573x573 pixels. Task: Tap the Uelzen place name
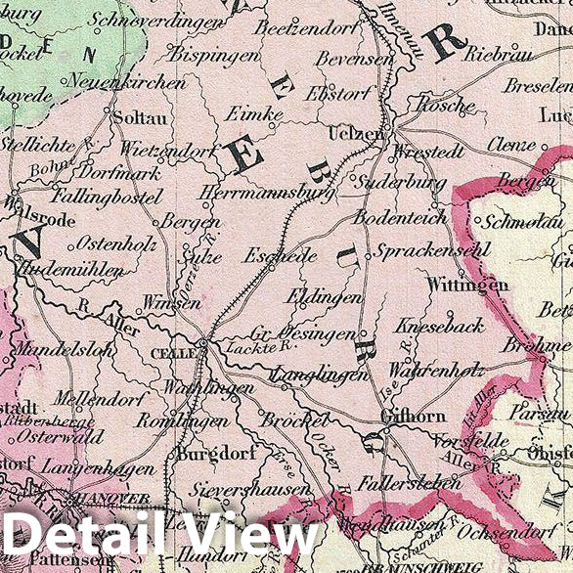pos(355,132)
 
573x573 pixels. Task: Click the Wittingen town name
pos(468,285)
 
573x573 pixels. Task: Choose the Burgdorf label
pos(210,454)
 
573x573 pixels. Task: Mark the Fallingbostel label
pos(108,198)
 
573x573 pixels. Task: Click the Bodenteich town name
pos(401,216)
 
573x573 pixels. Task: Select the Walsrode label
pos(41,221)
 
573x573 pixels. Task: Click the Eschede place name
pos(282,256)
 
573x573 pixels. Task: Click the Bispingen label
pos(214,56)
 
